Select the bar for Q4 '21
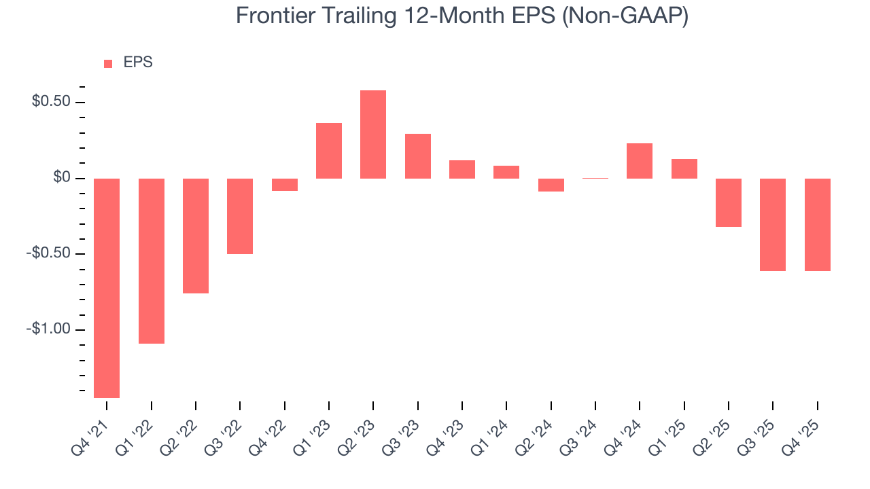click(x=107, y=288)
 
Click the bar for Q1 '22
click(x=152, y=261)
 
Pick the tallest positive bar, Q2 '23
click(x=373, y=134)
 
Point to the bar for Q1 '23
click(x=329, y=151)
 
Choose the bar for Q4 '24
click(x=640, y=161)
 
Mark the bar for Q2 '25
click(x=728, y=202)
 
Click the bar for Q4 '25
click(x=817, y=225)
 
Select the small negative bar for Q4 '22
click(x=285, y=185)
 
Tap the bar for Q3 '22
click(x=240, y=216)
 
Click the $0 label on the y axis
click(x=61, y=179)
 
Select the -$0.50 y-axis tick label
click(x=48, y=254)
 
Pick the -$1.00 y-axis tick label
click(x=48, y=330)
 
